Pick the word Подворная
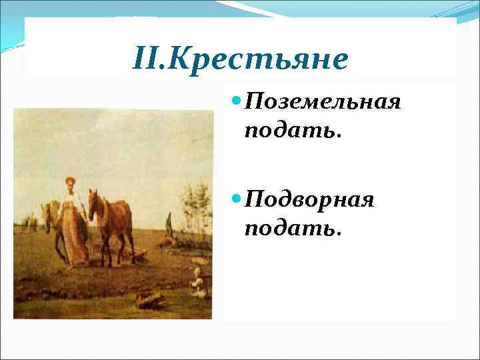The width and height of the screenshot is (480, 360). click(309, 199)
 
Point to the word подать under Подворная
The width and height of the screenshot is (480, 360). click(292, 227)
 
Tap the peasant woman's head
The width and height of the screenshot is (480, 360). click(69, 182)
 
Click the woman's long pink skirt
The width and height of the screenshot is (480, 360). click(73, 237)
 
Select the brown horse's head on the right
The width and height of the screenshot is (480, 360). click(95, 203)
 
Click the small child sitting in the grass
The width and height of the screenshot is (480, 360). click(197, 283)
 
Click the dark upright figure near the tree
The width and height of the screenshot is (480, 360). click(171, 225)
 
